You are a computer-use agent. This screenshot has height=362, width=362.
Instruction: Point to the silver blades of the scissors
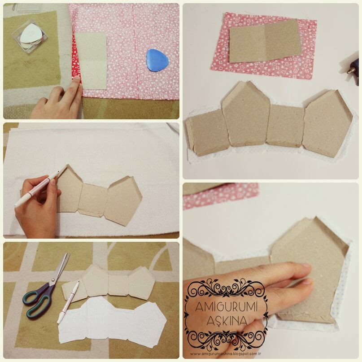pos(61,268)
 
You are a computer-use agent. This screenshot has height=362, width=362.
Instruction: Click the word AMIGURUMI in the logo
pos(226,307)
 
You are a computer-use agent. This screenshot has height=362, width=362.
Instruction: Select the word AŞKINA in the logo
pos(227,320)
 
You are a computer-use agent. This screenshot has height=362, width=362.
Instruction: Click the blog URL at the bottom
pos(226,353)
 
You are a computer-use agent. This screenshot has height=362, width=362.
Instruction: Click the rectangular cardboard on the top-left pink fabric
pos(91,61)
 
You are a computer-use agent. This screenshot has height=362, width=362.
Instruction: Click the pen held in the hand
pos(37,188)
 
